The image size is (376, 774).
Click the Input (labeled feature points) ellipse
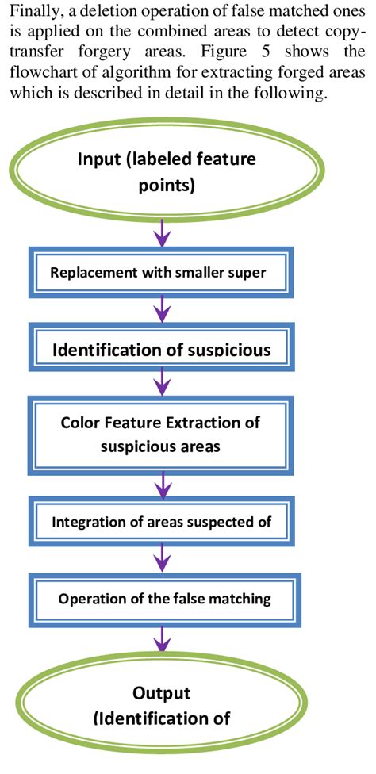pos(166,171)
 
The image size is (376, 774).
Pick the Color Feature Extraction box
pos(161,433)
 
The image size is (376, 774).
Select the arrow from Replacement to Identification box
pos(163,310)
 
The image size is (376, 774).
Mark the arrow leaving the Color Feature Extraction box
pos(163,482)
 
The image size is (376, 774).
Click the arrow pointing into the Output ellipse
pos(163,640)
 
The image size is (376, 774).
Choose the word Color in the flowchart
pos(79,421)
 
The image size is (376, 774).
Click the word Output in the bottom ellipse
pos(162,692)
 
